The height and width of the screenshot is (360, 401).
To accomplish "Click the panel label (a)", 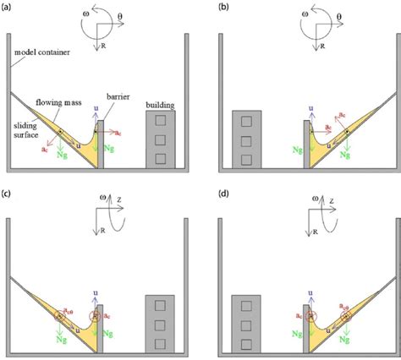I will point(8,7).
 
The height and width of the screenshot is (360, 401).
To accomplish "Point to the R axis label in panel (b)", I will point(318,48).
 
